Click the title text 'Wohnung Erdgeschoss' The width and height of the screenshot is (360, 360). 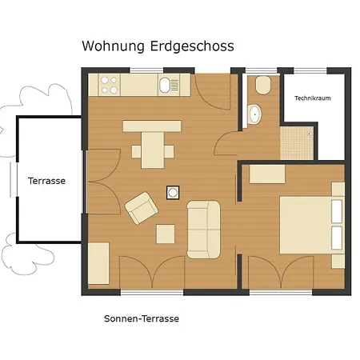[158, 46]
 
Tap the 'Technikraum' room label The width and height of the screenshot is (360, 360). [312, 98]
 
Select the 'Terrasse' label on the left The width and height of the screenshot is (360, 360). [46, 181]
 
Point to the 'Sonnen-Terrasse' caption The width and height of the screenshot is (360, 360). [141, 318]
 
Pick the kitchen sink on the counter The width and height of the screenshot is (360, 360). [166, 84]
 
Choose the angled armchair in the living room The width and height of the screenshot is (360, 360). [142, 207]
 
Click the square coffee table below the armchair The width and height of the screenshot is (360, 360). [166, 234]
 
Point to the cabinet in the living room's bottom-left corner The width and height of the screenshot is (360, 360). [98, 262]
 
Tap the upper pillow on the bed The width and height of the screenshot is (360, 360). [336, 213]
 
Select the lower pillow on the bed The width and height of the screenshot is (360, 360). [336, 236]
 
